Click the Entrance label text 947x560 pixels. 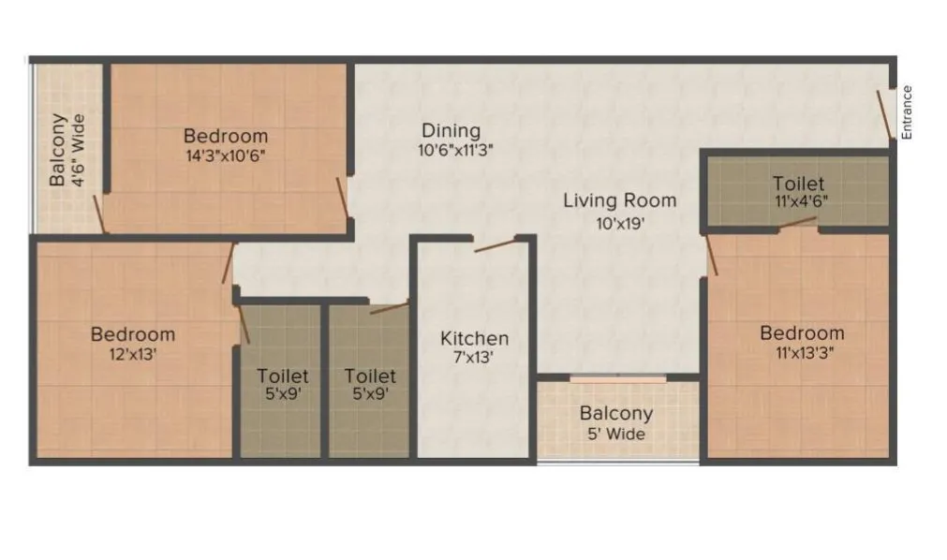point(907,112)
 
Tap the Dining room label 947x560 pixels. point(451,130)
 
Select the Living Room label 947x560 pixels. point(619,200)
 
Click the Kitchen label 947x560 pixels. point(475,338)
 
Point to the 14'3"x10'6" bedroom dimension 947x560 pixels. point(226,155)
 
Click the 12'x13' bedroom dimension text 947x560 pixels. point(133,353)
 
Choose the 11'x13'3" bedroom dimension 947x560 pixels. point(802,352)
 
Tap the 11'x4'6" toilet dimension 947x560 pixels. point(799,201)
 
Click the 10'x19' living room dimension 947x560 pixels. point(619,223)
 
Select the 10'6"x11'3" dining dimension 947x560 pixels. point(455,150)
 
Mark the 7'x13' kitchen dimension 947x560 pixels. point(475,357)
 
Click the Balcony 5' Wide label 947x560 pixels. point(616,422)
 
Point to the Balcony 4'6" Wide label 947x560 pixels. point(67,150)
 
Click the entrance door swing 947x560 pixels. point(883,111)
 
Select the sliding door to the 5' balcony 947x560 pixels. point(618,378)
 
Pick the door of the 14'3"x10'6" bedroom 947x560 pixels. point(343,196)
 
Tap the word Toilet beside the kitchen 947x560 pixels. point(370,376)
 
